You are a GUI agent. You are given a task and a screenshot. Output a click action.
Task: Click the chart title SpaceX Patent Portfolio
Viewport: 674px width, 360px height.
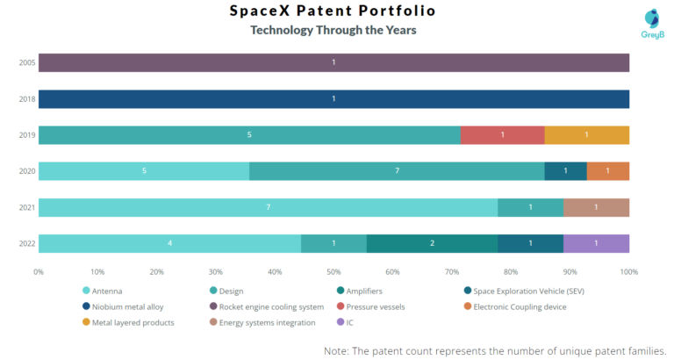[x=333, y=11]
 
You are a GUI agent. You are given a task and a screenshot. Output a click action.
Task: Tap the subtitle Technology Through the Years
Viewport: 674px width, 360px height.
[x=333, y=31]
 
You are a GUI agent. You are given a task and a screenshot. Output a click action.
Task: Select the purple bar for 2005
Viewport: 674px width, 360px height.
[x=333, y=62]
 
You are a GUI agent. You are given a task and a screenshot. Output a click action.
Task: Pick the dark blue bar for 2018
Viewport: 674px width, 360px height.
[x=333, y=98]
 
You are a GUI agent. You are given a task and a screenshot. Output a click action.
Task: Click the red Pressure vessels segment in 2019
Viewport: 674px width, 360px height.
[x=502, y=135]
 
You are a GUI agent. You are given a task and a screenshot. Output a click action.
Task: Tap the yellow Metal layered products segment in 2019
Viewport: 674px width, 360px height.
[x=586, y=135]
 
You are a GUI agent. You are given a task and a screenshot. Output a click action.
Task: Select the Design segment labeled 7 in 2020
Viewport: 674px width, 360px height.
[x=397, y=171]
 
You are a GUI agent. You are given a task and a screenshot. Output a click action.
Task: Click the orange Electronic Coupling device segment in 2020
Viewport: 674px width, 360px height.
[x=607, y=171]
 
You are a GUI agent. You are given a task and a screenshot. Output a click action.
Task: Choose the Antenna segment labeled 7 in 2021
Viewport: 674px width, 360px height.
[x=268, y=207]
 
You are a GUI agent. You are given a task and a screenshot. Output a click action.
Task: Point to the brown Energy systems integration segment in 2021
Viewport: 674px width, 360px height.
[x=596, y=207]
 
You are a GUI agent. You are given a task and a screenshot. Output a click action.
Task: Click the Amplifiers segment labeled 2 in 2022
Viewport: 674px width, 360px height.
[x=432, y=243]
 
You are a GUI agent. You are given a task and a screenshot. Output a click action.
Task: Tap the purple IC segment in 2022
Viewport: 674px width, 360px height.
[x=596, y=243]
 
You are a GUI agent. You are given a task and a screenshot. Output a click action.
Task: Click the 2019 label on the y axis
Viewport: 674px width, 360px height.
[x=26, y=135]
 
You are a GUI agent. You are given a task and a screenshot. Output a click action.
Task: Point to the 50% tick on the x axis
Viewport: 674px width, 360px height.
[x=333, y=272]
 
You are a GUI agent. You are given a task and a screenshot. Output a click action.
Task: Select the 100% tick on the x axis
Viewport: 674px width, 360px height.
[x=628, y=272]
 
